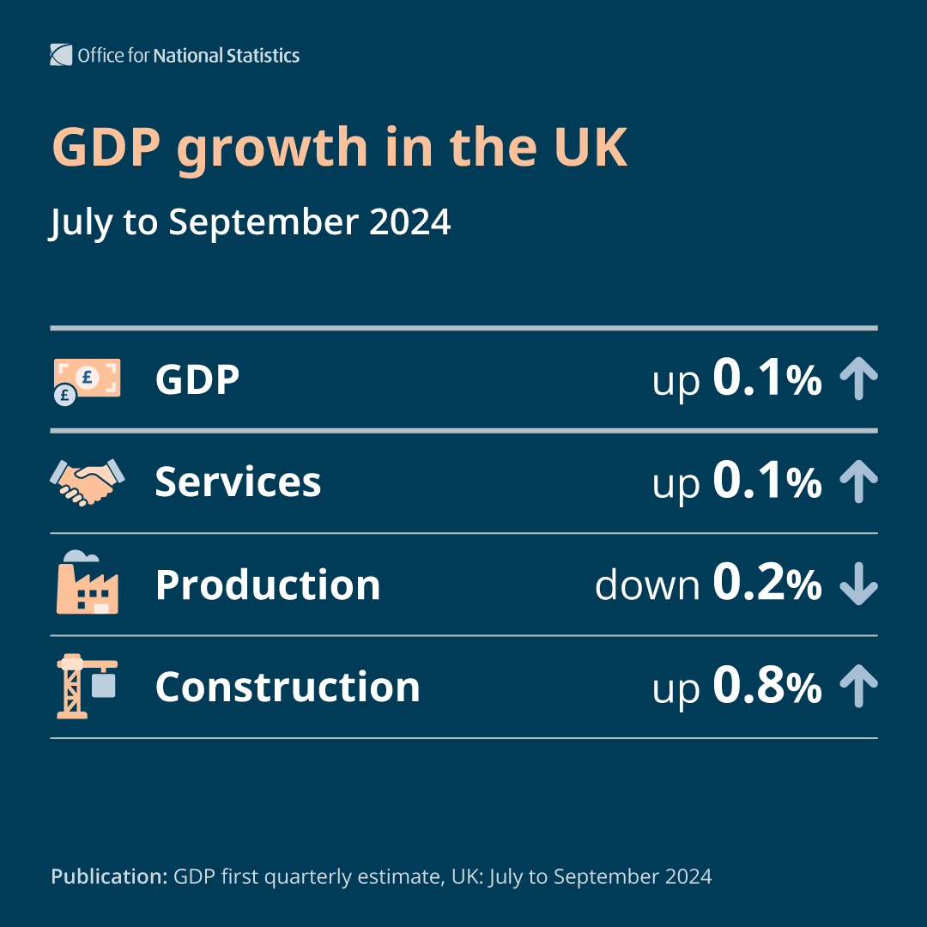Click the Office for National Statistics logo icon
click(x=61, y=55)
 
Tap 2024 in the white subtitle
click(x=409, y=222)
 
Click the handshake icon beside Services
click(x=88, y=482)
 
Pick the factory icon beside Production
click(x=88, y=582)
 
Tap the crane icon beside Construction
click(x=87, y=686)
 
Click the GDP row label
click(x=197, y=379)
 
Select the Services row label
click(x=239, y=482)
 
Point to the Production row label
click(x=268, y=585)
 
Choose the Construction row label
click(x=288, y=687)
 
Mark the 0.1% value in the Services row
click(x=766, y=480)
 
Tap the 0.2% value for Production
click(x=766, y=582)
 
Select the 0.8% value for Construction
click(x=766, y=685)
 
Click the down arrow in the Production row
click(x=858, y=584)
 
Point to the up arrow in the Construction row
click(x=858, y=686)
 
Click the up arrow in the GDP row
click(x=858, y=379)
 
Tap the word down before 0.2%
click(x=647, y=585)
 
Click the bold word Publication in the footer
click(x=109, y=876)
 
